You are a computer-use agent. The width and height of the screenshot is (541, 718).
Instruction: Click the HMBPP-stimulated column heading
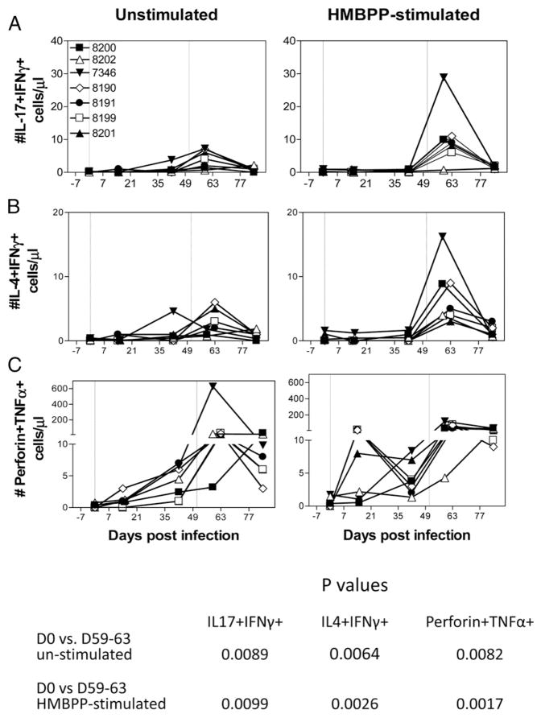pyautogui.click(x=400, y=14)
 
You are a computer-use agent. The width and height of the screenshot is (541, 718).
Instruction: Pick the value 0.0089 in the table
pyautogui.click(x=251, y=650)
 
